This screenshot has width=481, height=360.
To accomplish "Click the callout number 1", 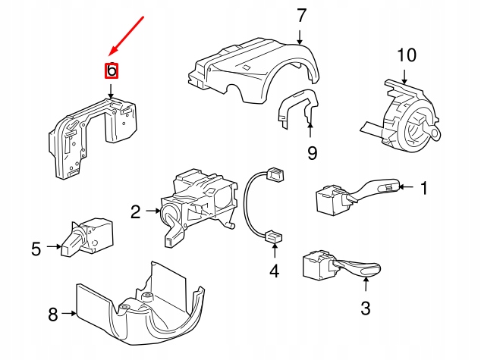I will (424, 187).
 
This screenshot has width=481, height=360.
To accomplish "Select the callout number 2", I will (135, 212).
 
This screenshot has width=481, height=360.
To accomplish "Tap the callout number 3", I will (365, 308).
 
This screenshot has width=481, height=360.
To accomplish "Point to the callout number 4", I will (274, 270).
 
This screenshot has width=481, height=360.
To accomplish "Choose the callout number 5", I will (36, 247).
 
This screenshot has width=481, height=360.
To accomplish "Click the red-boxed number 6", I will (112, 71).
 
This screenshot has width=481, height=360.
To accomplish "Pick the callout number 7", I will (300, 14).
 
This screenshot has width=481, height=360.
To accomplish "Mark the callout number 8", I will (53, 315).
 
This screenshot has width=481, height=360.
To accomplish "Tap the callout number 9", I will (312, 154).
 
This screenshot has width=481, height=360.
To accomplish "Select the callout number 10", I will (407, 55).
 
